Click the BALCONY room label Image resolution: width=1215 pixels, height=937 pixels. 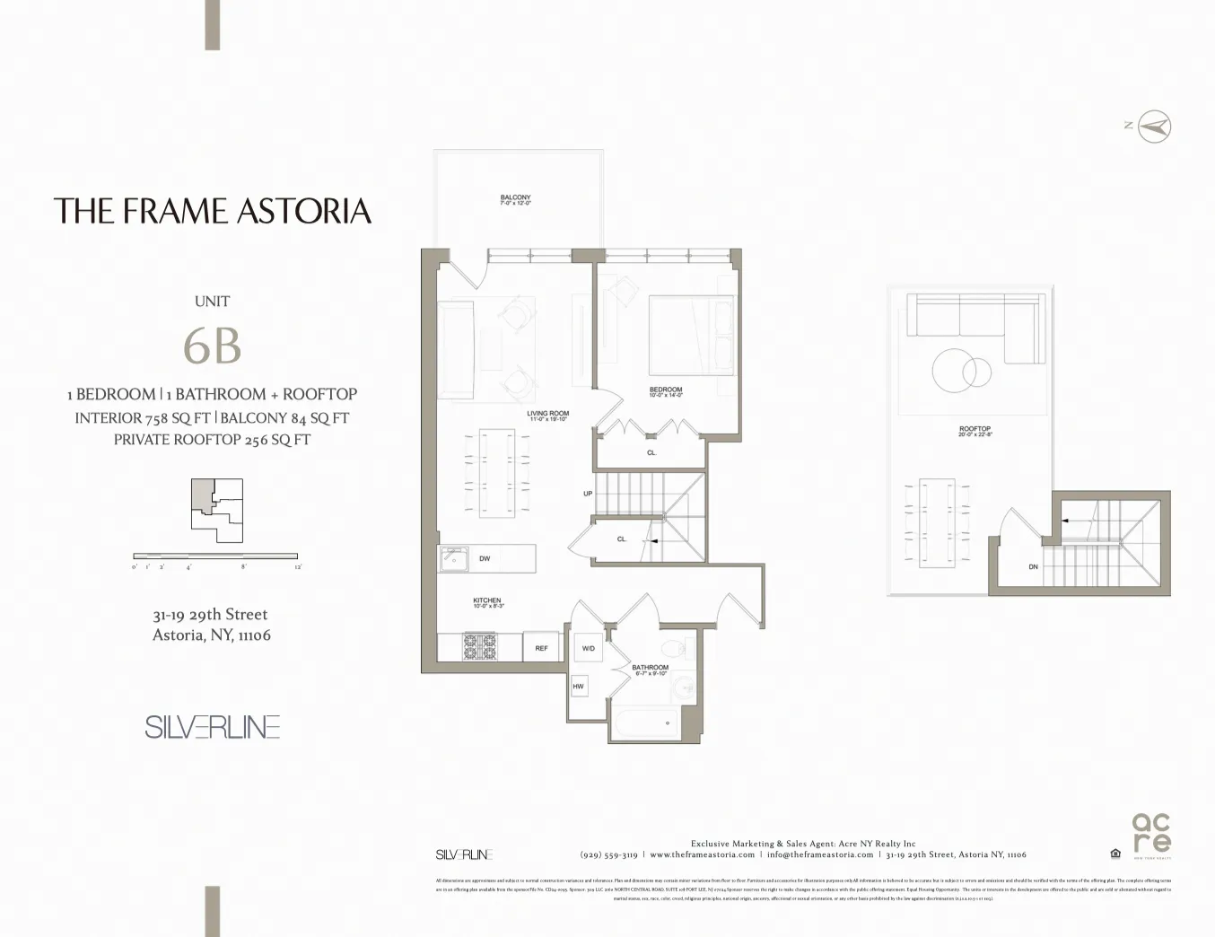click(515, 200)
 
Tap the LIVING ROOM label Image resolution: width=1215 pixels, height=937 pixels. click(547, 416)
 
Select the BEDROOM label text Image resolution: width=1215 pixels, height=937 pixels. click(666, 391)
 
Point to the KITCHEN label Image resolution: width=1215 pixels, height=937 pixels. click(487, 602)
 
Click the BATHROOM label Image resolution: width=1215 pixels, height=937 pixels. click(650, 670)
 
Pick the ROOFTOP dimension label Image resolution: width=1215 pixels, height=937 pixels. click(975, 431)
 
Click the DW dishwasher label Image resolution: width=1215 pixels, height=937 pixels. click(485, 558)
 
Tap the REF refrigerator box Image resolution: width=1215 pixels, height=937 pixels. click(541, 647)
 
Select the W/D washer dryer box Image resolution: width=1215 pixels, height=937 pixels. click(588, 648)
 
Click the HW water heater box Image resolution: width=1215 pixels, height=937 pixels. click(578, 687)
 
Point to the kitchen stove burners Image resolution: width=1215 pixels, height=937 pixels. click(479, 646)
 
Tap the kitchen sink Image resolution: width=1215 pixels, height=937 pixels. click(453, 559)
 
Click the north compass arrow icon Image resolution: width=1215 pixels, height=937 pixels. click(1154, 127)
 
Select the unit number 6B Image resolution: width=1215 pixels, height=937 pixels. click(212, 346)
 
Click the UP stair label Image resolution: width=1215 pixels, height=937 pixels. click(588, 494)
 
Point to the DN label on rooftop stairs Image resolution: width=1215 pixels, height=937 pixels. click(1033, 567)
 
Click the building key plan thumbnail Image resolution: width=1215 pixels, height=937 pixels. click(216, 510)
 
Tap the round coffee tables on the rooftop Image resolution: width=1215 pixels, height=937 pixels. click(960, 370)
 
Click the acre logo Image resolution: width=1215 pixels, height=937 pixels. click(1151, 834)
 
